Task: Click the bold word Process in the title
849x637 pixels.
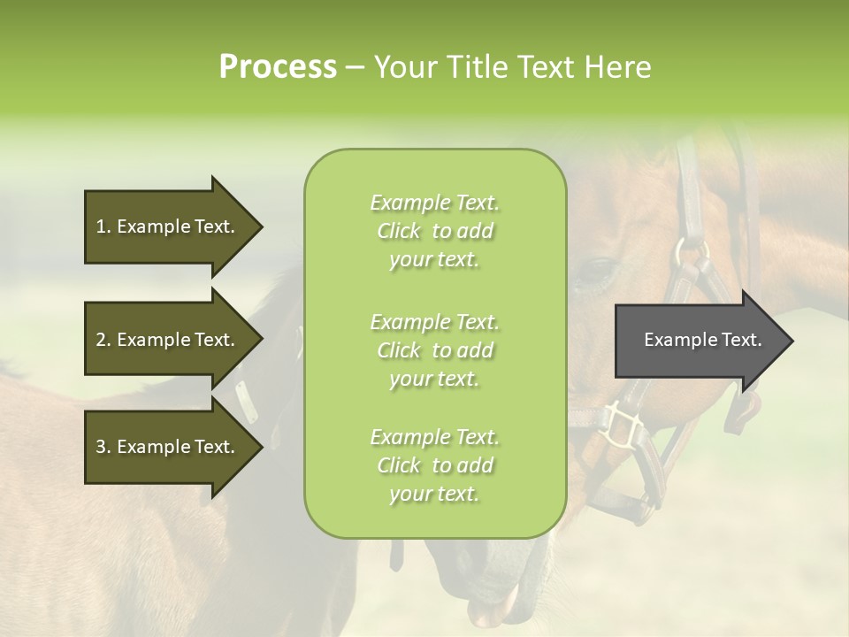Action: (278, 67)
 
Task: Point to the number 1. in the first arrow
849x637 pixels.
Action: (103, 226)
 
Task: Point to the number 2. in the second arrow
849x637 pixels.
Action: (103, 340)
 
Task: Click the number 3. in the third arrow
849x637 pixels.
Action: (103, 447)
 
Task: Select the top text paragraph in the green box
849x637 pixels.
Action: (434, 231)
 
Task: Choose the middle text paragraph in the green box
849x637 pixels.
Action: (434, 349)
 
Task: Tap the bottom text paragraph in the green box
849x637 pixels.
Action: (434, 465)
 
